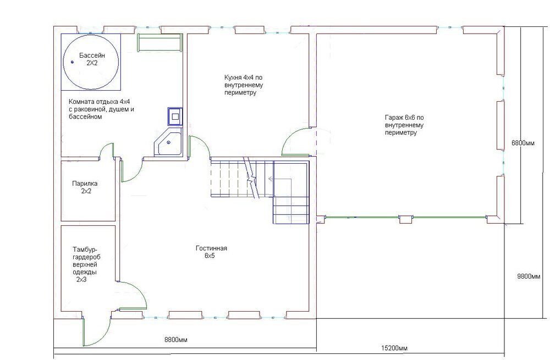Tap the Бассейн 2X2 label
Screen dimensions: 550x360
(92, 59)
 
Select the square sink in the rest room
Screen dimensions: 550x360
(175, 116)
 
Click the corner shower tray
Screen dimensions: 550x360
(169, 142)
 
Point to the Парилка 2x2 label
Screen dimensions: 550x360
(85, 187)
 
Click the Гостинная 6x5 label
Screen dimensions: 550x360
(211, 252)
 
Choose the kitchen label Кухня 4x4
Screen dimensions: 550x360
(244, 85)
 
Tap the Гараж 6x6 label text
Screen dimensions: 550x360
(404, 125)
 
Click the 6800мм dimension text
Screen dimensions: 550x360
(523, 143)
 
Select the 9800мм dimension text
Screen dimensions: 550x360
(529, 276)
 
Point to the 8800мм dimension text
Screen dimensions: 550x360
(176, 340)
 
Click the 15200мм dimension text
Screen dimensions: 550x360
(394, 348)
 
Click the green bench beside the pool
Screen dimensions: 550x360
(160, 43)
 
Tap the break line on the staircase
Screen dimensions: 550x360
(251, 178)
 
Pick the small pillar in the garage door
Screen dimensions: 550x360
(406, 220)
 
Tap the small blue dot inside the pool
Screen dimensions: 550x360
(73, 62)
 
